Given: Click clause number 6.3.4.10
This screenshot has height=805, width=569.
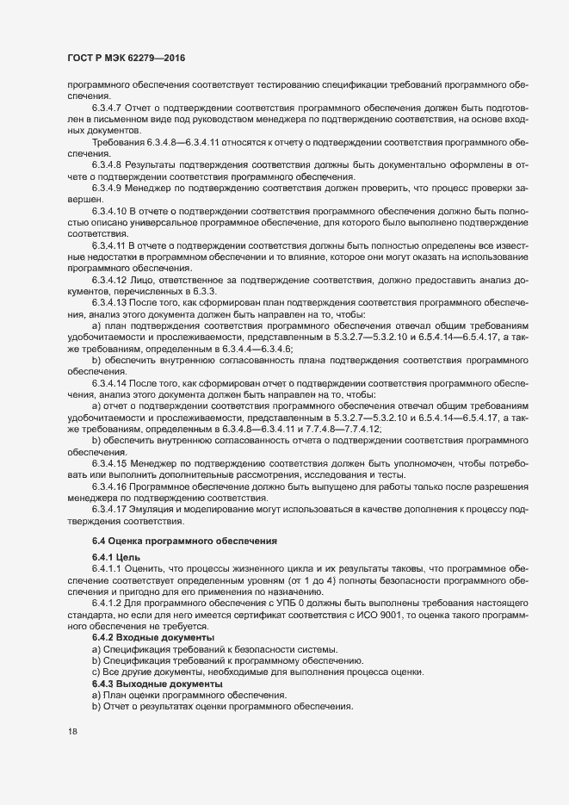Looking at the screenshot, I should [110, 209].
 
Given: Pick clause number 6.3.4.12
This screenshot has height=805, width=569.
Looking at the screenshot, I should [110, 279].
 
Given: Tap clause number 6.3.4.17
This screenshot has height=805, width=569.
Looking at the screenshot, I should [110, 511].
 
